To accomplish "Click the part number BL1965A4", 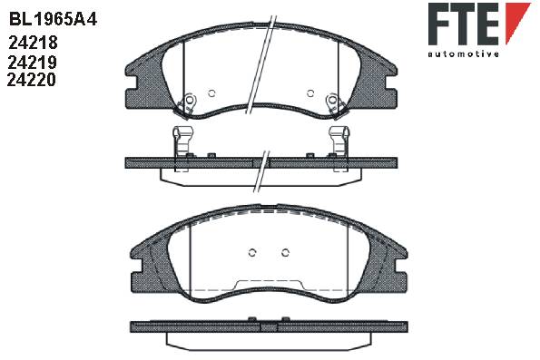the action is [53, 19].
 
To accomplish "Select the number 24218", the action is [33, 43].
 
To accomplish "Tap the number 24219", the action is [32, 63].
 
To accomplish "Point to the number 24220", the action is [32, 80].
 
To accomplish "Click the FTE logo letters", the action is [464, 24].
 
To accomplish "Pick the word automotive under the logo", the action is [463, 54].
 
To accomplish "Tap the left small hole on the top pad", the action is [211, 92].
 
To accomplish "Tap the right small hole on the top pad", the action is [310, 92].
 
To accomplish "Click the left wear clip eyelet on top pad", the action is [190, 100].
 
